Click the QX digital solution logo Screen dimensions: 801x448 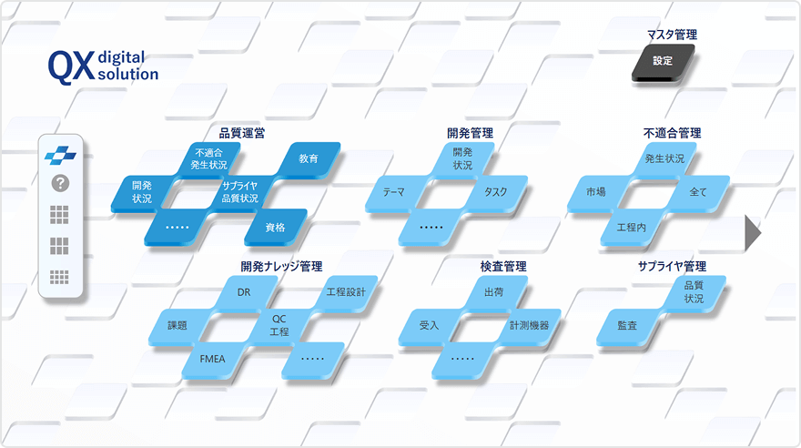coord(103,66)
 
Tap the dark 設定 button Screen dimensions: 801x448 coord(663,61)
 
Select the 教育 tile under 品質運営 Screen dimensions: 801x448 coord(309,158)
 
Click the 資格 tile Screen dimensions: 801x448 coord(275,228)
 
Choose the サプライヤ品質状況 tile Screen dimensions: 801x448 coord(240,192)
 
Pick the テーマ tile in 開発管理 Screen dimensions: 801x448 coord(394,192)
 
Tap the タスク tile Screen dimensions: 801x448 coord(495,192)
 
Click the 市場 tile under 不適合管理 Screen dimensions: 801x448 coord(596,192)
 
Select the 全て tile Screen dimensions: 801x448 coord(698,192)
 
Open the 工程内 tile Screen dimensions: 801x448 coord(632,228)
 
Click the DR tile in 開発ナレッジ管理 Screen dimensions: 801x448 coord(244,292)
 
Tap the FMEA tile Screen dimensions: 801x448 coord(212,359)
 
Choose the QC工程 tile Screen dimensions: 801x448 coord(279,325)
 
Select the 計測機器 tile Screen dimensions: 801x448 coord(529,325)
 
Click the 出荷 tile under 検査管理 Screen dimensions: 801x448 coord(494,292)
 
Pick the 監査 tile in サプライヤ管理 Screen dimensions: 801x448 coord(627,325)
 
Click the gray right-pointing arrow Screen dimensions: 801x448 coord(752,233)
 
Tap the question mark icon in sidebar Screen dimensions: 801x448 coord(60,183)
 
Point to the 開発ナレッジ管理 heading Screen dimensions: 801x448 coord(281,266)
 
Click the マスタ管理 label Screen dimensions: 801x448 coord(672,35)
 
